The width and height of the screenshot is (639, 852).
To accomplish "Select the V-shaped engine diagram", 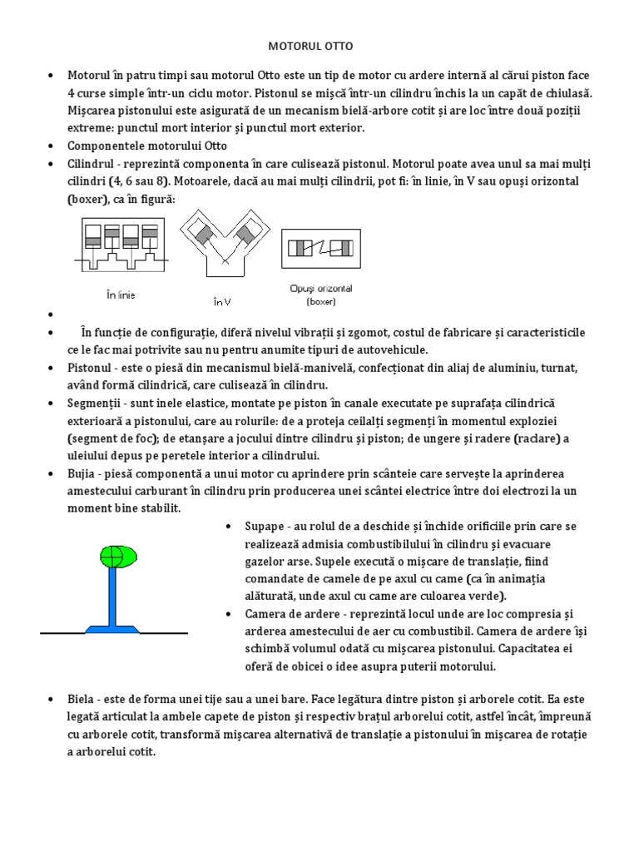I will pyautogui.click(x=222, y=245).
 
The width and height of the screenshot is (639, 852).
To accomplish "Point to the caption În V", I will pyautogui.click(x=222, y=301).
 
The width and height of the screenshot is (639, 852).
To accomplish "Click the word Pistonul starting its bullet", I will pyautogui.click(x=91, y=367).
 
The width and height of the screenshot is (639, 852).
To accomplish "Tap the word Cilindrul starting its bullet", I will pyautogui.click(x=92, y=162).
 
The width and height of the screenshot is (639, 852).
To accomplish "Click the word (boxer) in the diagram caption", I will pyautogui.click(x=320, y=301).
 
